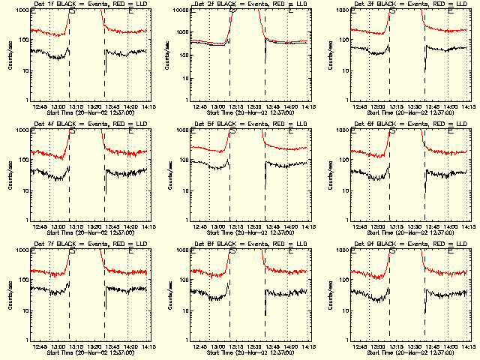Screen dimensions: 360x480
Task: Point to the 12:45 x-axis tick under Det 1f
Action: coord(40,107)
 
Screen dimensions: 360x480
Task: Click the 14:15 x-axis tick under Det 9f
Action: coord(466,347)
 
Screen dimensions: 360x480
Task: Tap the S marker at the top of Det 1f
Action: coord(72,12)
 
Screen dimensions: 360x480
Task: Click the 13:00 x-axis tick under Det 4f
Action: coord(58,227)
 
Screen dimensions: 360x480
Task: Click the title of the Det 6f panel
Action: coord(403,124)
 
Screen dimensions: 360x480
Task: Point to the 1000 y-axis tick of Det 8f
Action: coord(181,250)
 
